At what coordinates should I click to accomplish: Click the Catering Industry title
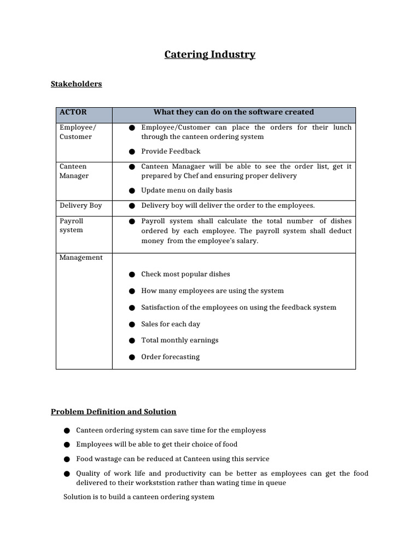point(210,55)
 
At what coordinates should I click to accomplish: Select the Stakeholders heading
point(76,84)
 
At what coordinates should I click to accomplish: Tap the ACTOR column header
point(73,112)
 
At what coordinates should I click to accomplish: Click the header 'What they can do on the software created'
point(234,112)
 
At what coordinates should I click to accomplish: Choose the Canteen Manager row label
point(74,171)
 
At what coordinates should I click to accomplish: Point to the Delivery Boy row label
point(80,206)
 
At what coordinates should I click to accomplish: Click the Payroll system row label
point(72,225)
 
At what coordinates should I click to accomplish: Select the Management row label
point(81,258)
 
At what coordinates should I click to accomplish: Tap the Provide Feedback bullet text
point(171,151)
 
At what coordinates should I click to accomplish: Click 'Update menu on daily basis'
point(186,190)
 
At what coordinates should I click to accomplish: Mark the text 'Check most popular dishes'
point(185,275)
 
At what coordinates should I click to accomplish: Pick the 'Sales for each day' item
point(171,324)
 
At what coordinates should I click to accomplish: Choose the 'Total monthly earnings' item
point(179,340)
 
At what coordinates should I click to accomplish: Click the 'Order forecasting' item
point(170,357)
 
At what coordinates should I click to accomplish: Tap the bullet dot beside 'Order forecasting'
point(132,358)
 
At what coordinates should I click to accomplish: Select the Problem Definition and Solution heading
point(113,412)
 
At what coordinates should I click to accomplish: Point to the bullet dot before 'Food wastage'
point(67,459)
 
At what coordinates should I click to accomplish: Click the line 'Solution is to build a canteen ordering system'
point(139,497)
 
